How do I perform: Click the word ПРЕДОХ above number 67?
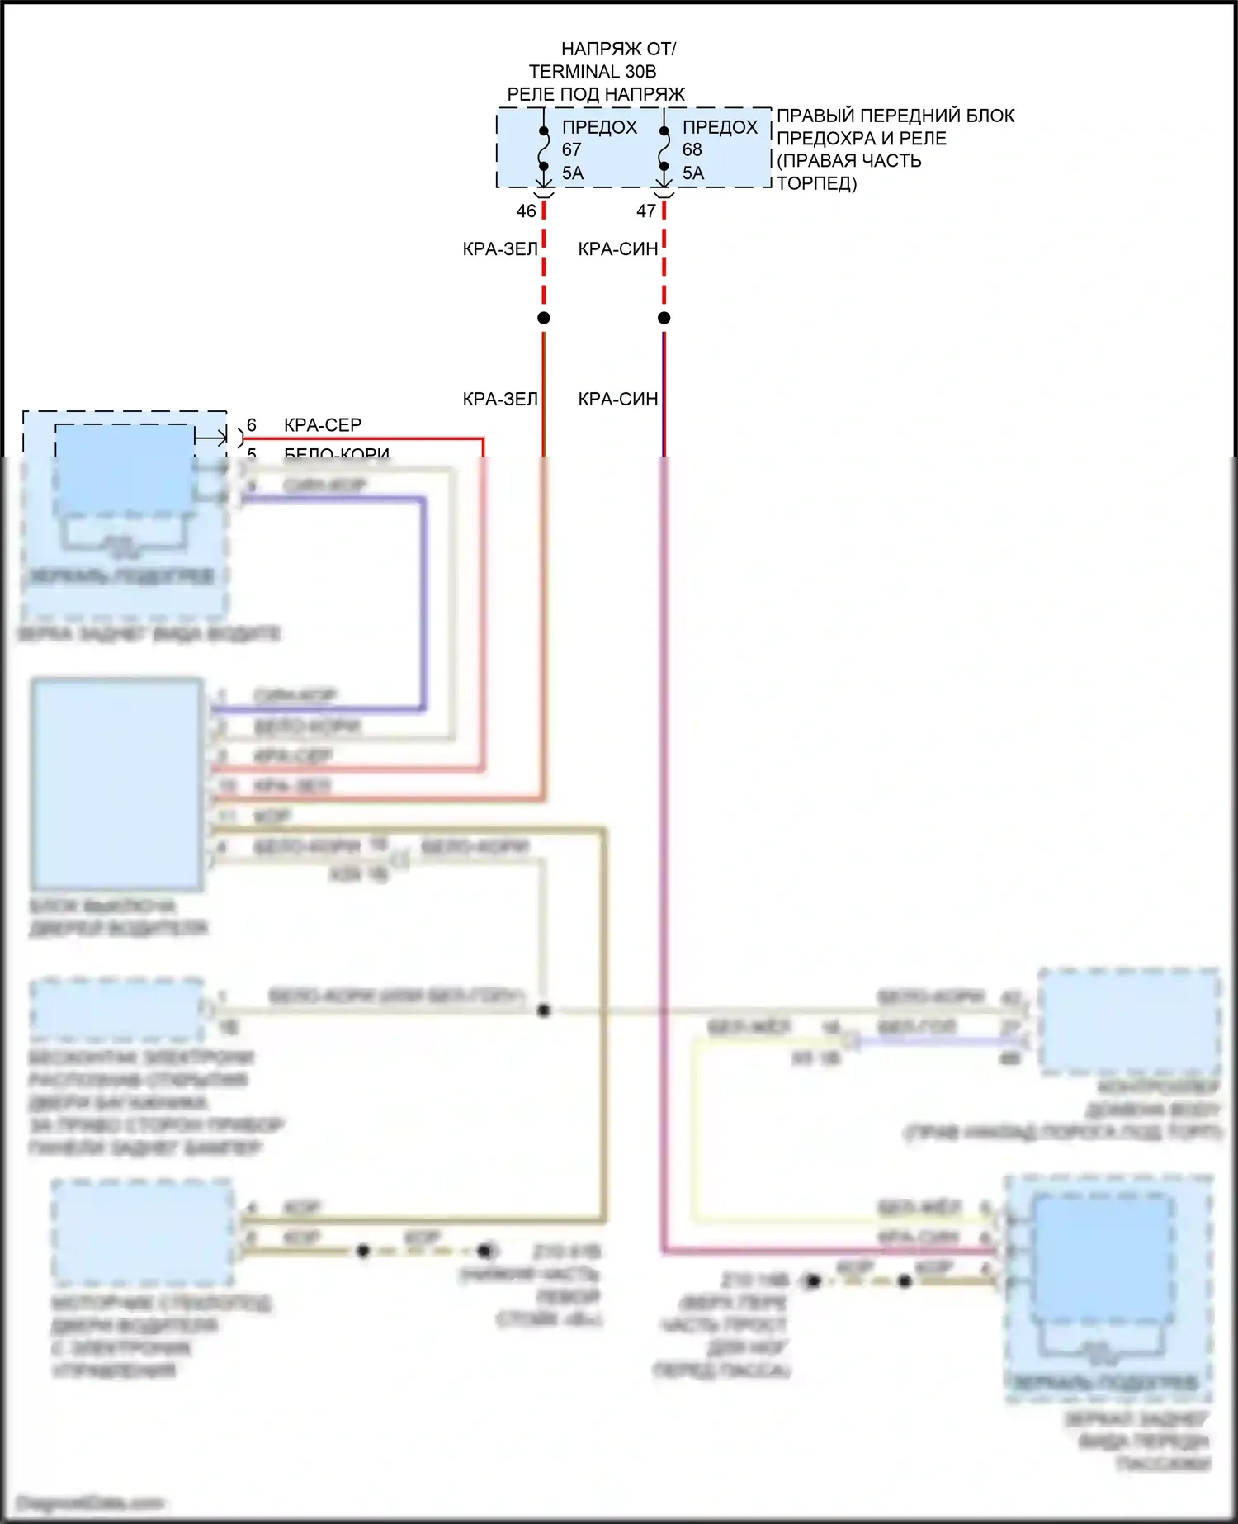[x=599, y=127]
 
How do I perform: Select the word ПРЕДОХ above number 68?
[x=720, y=127]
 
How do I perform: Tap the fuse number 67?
[x=572, y=149]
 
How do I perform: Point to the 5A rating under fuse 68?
[x=693, y=173]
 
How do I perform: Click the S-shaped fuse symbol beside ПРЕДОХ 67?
[x=543, y=149]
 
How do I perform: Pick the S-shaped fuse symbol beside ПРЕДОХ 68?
[x=664, y=149]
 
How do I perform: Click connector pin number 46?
[x=526, y=211]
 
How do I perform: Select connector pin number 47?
[x=646, y=211]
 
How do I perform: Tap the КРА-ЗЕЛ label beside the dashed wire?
[x=500, y=249]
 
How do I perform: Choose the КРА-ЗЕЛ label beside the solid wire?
[x=500, y=400]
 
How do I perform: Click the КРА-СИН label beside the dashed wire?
[x=618, y=249]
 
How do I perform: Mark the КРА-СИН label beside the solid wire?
[x=618, y=400]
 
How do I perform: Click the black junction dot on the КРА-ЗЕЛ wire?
[x=543, y=318]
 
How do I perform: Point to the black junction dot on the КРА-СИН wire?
[x=664, y=318]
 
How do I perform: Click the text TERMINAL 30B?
[x=593, y=72]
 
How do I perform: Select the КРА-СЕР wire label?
[x=323, y=425]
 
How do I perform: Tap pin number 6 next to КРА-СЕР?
[x=252, y=425]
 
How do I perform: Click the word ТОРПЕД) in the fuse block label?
[x=817, y=183]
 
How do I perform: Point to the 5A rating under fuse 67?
[x=573, y=173]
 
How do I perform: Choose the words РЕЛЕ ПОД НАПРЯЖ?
[x=596, y=94]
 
